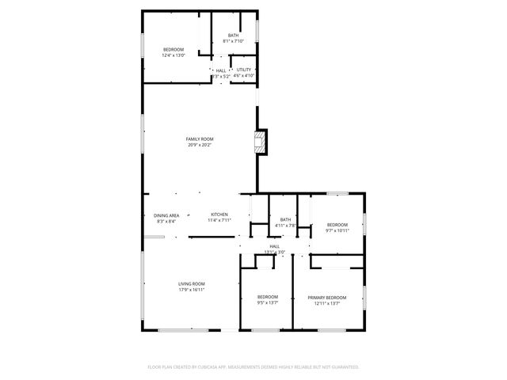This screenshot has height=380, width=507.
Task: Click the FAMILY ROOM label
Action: point(200,139)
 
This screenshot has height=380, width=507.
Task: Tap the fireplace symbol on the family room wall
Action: point(259,142)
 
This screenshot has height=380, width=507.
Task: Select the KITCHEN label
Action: point(219,215)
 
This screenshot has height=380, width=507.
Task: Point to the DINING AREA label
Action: point(166,215)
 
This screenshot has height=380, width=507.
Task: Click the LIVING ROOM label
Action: point(192,283)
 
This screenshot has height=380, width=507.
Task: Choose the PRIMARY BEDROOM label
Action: point(327,297)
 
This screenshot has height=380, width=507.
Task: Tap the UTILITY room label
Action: point(244,70)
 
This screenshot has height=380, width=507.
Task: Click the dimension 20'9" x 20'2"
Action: point(200,145)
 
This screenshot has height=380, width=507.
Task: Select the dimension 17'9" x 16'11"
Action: point(192,290)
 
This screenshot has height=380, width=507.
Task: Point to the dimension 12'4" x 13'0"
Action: point(173,55)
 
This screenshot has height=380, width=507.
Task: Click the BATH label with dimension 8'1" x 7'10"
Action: point(233,35)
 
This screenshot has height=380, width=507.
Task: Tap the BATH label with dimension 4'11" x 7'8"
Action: point(285,219)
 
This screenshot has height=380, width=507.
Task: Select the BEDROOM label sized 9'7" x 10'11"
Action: point(338,224)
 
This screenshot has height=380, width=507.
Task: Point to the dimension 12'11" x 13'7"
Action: point(327,303)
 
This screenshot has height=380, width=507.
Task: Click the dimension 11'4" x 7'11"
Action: point(219,221)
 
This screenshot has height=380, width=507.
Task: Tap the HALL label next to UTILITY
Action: point(221,70)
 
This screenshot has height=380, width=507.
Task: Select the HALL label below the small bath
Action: point(275,246)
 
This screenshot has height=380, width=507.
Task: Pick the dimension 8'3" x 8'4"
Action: point(166,222)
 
